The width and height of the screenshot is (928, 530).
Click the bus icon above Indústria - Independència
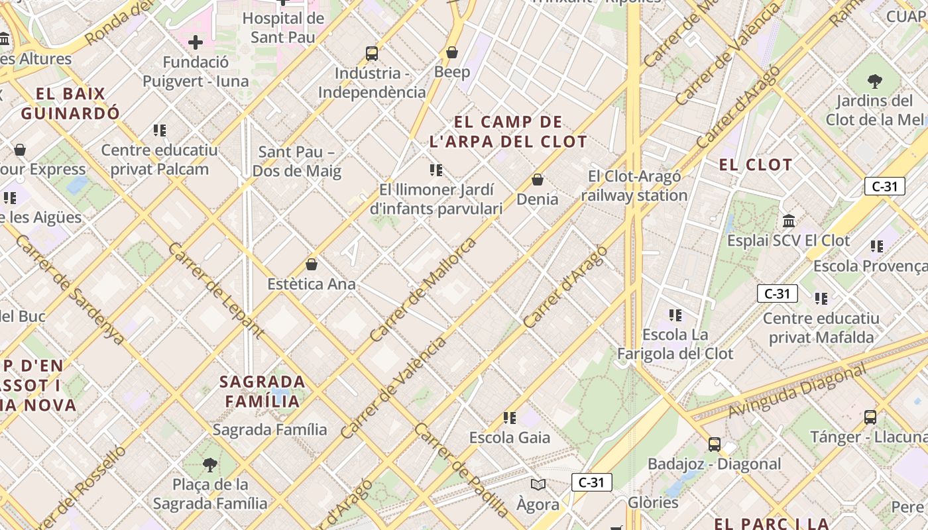pos(372,53)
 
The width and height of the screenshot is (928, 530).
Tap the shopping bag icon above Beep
pos(452,52)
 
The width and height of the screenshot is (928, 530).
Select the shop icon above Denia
pos(538,180)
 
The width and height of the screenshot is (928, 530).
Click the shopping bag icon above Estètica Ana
pos(312,264)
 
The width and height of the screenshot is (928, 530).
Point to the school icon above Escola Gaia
pos(509,417)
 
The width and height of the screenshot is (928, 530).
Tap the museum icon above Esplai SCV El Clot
pos(789,221)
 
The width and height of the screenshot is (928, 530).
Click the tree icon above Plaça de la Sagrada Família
pos(210,464)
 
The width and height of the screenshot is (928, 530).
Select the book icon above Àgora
pos(538,485)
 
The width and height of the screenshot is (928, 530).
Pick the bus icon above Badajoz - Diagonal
pos(714,444)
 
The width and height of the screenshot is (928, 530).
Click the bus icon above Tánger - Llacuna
pos(870,417)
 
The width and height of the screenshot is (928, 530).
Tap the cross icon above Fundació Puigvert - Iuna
pos(196,43)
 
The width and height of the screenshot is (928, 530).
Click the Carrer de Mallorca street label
pos(424,290)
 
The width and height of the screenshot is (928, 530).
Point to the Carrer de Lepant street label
pos(215,290)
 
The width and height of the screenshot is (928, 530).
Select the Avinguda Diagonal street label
pos(796,392)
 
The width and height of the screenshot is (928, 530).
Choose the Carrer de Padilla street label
pos(462,469)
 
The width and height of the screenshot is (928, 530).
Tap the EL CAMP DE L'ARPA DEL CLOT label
pos(508,132)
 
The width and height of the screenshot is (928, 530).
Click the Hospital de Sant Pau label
pos(283,28)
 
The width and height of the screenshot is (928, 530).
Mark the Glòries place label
pos(653,503)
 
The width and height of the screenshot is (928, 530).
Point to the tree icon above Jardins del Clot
pos(874,81)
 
